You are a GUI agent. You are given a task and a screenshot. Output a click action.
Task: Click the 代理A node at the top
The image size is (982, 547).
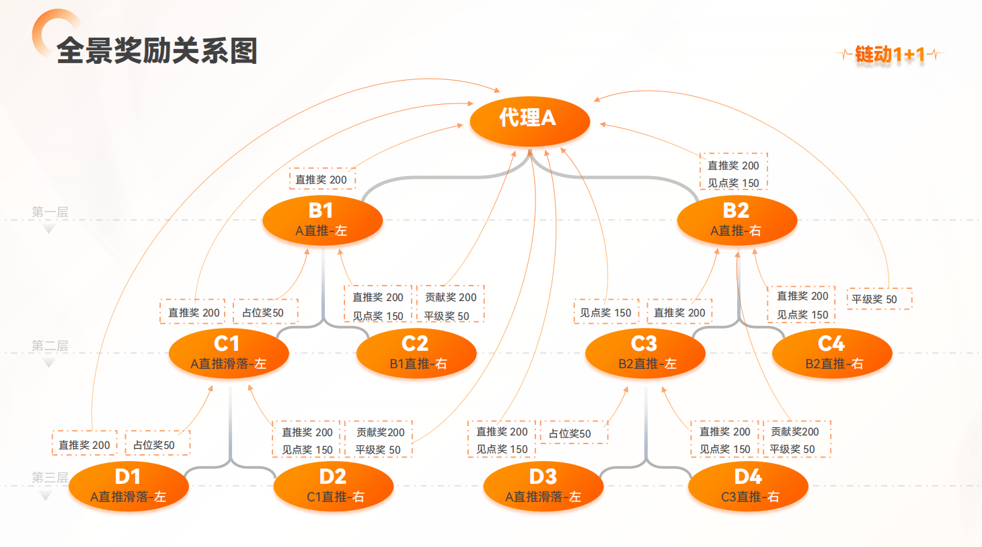[529, 120]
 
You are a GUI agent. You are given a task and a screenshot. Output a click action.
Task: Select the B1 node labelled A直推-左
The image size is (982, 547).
[322, 220]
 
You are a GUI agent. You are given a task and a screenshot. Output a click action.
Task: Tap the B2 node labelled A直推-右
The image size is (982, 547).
[736, 220]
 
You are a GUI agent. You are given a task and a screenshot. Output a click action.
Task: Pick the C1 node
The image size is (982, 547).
[229, 353]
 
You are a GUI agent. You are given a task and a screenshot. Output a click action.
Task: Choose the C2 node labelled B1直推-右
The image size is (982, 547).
[416, 353]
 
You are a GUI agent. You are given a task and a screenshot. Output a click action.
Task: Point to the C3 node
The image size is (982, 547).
[645, 353]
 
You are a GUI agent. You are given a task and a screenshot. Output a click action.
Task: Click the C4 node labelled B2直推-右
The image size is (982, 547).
[832, 353]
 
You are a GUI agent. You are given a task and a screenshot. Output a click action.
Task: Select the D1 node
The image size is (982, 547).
[128, 486]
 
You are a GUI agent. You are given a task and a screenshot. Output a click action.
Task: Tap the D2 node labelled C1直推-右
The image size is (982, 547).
[334, 486]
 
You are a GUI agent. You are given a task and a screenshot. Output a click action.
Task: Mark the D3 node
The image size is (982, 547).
[543, 486]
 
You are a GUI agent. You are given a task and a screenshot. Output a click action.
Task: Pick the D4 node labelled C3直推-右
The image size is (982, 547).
[748, 486]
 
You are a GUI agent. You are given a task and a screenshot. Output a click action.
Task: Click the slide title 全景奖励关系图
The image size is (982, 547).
[157, 51]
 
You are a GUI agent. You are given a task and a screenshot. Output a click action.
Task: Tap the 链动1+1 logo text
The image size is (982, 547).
[890, 54]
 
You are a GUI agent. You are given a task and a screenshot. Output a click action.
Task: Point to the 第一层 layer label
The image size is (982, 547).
[50, 212]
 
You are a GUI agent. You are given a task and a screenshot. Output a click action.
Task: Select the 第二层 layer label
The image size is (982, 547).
[50, 346]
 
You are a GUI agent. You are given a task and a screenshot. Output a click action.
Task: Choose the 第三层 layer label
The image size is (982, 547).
[50, 478]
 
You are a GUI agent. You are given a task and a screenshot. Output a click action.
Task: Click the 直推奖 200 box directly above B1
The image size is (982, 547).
[322, 179]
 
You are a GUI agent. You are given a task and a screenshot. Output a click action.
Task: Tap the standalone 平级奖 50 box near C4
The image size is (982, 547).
[879, 299]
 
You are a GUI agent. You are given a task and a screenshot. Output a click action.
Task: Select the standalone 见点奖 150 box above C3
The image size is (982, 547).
[605, 312]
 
